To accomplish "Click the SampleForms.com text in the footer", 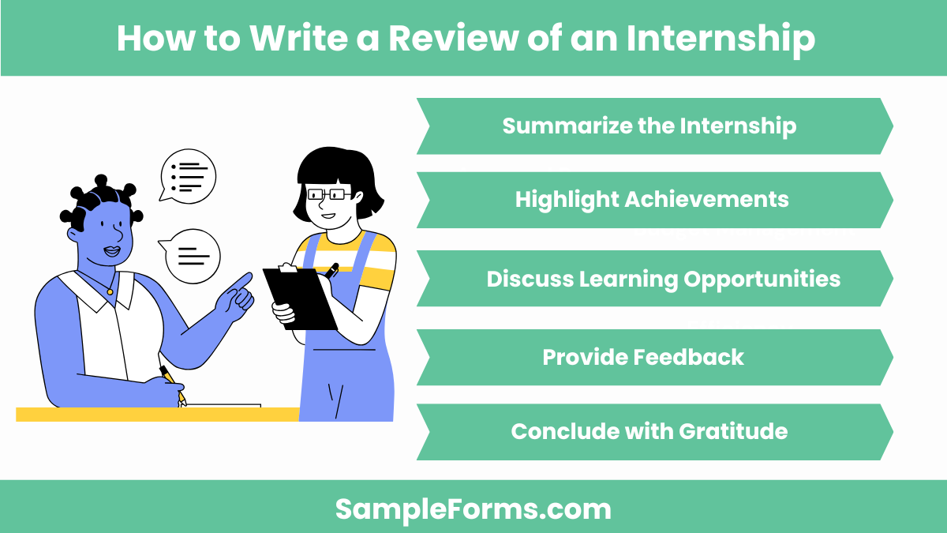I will [473, 509].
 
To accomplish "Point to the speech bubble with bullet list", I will [188, 175].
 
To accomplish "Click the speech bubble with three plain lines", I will [191, 256].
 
